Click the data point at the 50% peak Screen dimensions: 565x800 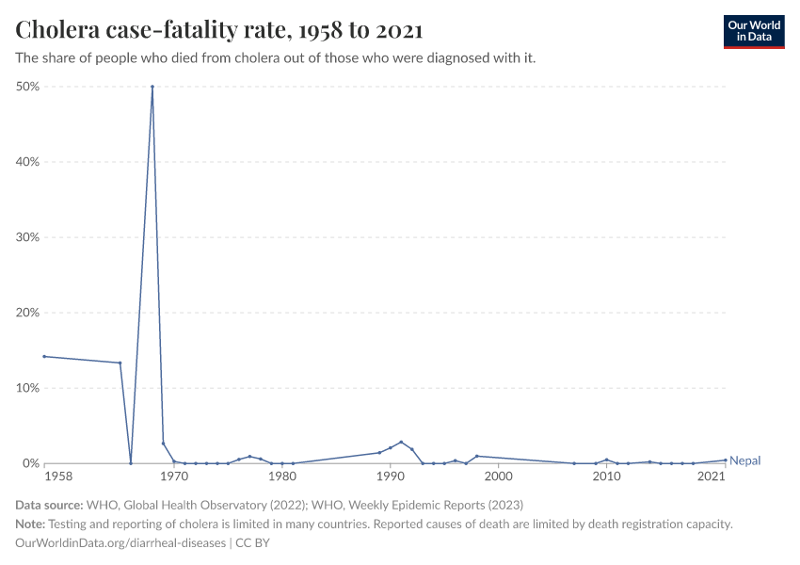pyautogui.click(x=152, y=87)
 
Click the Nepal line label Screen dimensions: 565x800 pyautogui.click(x=744, y=460)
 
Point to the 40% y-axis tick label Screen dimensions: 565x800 pyautogui.click(x=26, y=162)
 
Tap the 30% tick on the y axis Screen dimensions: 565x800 pyautogui.click(x=26, y=237)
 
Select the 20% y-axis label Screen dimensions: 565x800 pyautogui.click(x=26, y=313)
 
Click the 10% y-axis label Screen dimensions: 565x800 pyautogui.click(x=26, y=388)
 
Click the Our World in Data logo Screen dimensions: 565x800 pyautogui.click(x=753, y=31)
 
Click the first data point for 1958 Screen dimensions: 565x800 pyautogui.click(x=44, y=356)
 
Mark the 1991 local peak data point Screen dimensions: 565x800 pyautogui.click(x=401, y=442)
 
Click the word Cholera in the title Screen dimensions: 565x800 pyautogui.click(x=57, y=30)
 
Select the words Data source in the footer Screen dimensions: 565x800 pyautogui.click(x=49, y=505)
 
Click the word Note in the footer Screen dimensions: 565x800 pyautogui.click(x=30, y=525)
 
